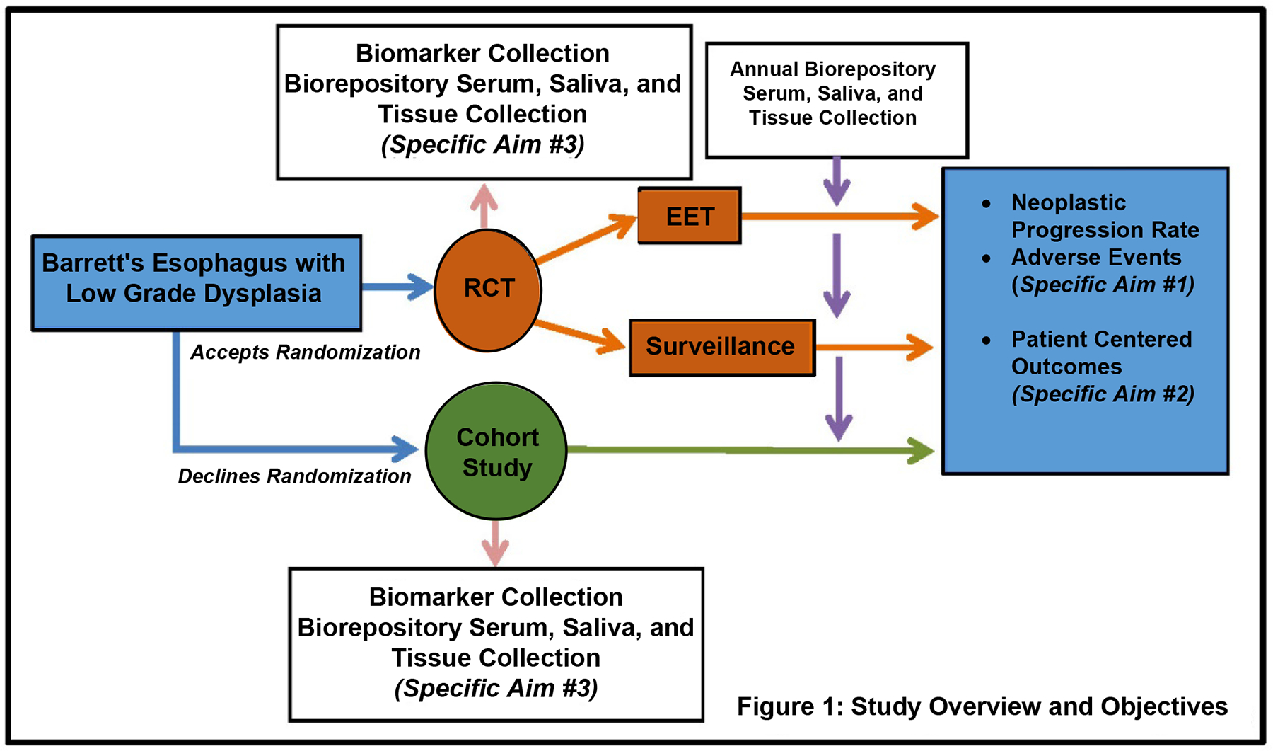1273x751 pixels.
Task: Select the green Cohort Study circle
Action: point(496,452)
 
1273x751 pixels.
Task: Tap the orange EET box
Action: point(690,216)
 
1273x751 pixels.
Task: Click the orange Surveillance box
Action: point(721,347)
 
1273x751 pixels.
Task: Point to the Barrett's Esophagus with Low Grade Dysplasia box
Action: point(196,282)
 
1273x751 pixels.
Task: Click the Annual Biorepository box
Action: point(836,100)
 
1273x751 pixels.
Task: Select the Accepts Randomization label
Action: point(305,352)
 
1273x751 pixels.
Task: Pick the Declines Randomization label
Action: point(294,476)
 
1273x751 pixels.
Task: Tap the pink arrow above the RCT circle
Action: point(484,205)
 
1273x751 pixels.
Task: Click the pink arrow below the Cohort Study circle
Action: point(495,544)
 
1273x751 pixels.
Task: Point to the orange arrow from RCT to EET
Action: point(587,239)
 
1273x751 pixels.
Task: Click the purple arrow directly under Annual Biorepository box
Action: point(837,181)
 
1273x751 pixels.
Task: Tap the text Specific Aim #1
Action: point(1103,285)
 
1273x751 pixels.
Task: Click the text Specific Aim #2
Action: point(1103,394)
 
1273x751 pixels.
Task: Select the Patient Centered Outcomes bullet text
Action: point(1100,352)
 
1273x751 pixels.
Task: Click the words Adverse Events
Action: point(1096,257)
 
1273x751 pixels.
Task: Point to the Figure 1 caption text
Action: point(982,706)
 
